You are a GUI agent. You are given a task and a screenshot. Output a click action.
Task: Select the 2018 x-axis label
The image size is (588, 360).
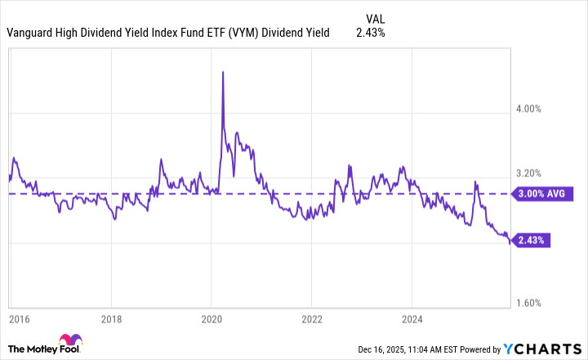click(113, 319)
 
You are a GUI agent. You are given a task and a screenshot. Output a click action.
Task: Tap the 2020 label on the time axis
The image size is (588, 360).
click(212, 319)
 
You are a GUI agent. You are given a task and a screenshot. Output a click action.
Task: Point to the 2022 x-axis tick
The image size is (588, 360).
click(311, 319)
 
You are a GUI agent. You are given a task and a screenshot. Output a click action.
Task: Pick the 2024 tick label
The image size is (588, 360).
click(411, 319)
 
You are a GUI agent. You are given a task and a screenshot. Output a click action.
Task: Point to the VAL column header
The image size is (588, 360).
click(375, 17)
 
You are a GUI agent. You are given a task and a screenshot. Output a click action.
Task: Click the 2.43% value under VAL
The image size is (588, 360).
click(371, 33)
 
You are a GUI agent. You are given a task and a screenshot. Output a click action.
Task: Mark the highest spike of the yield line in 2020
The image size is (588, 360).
click(223, 72)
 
